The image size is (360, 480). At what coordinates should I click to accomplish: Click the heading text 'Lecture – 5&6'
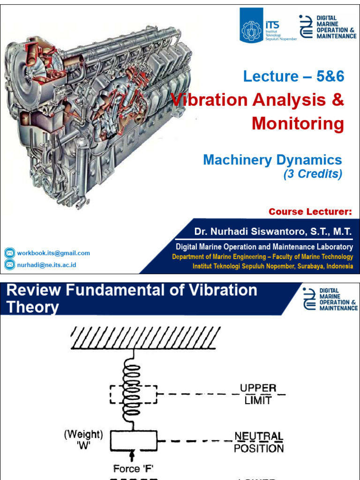coord(294,76)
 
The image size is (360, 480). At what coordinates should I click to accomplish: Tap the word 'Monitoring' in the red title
coord(298,124)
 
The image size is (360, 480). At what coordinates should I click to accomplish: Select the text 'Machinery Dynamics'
coord(272,160)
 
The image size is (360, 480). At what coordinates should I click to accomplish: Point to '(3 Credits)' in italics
coord(313,174)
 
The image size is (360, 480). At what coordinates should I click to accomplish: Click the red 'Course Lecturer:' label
coord(310,212)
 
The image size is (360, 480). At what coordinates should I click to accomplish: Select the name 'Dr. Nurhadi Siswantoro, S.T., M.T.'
coord(273,232)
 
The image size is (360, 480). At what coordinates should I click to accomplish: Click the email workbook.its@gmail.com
coord(53,253)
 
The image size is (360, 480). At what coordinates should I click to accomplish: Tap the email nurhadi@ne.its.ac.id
coord(47,265)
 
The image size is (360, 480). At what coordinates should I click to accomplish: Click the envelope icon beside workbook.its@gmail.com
coord(9,253)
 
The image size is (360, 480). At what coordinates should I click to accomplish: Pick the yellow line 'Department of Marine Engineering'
coord(262,257)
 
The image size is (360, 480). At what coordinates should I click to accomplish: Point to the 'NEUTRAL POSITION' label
coord(259,442)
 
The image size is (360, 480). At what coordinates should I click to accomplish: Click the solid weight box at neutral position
coord(133,442)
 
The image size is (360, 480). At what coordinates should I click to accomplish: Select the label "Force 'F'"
coord(133,469)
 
